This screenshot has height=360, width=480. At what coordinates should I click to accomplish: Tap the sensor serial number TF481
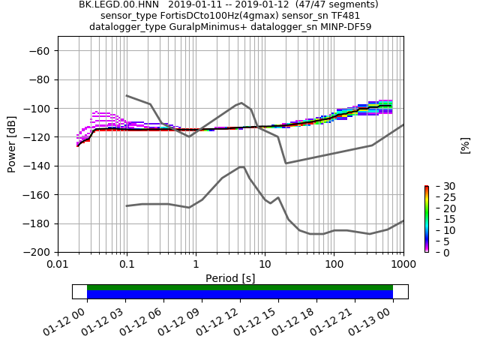point(344,16)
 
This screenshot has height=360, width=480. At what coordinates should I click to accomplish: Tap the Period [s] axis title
point(230,278)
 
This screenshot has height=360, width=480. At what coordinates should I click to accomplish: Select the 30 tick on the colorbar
point(439,186)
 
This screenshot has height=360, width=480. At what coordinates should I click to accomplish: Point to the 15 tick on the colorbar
point(439,219)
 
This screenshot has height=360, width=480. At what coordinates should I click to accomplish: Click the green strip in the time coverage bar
point(240,287)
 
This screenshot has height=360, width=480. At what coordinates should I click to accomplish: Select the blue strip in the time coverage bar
point(240,295)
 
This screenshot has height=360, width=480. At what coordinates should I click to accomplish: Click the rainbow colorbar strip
point(427,219)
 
